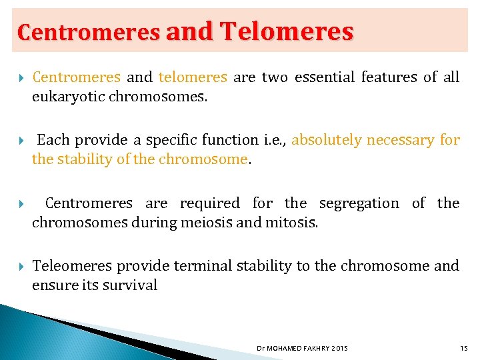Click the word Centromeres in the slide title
pyautogui.click(x=88, y=31)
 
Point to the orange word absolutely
pyautogui.click(x=327, y=140)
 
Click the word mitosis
pyautogui.click(x=291, y=223)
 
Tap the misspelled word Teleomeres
pyautogui.click(x=72, y=266)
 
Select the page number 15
pyautogui.click(x=464, y=349)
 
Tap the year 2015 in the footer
pyautogui.click(x=339, y=349)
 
